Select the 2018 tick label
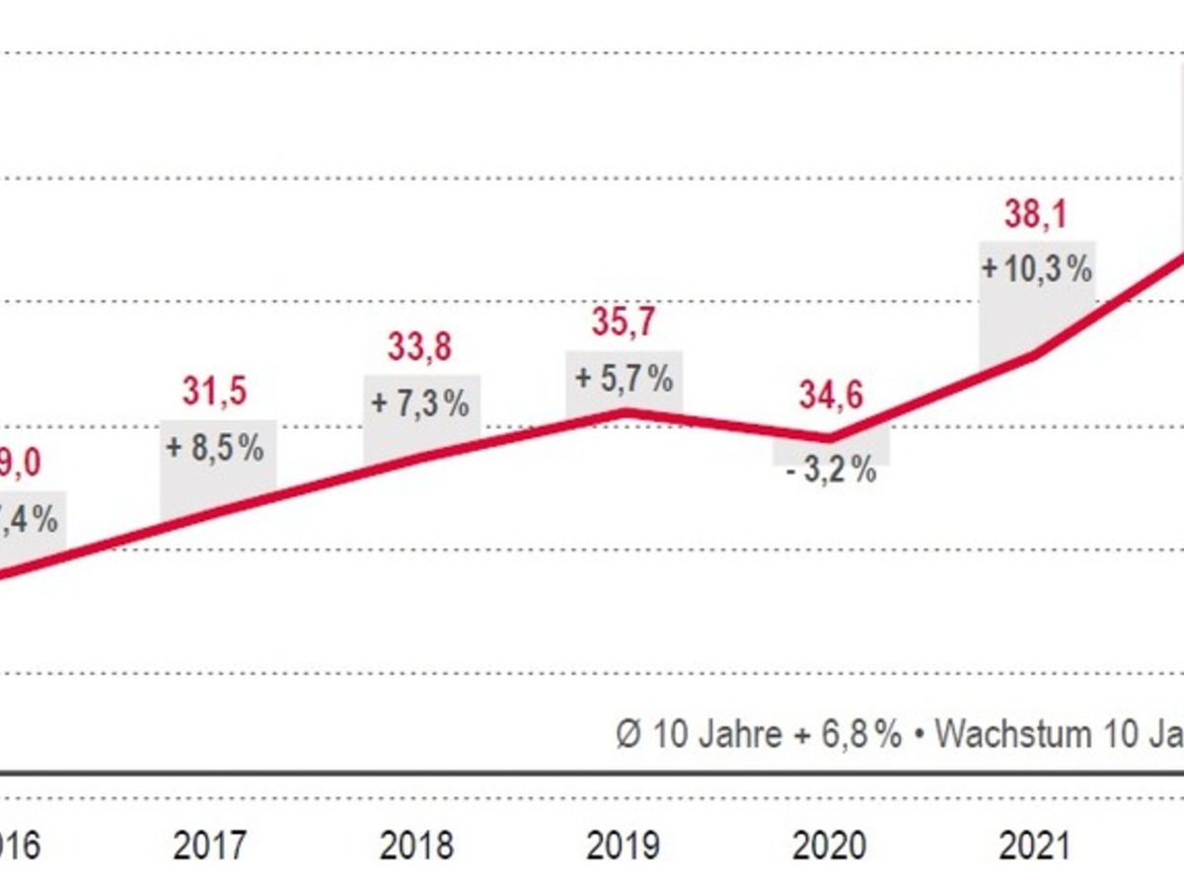(418, 846)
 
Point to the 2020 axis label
(831, 846)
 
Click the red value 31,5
(214, 392)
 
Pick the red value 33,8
(419, 348)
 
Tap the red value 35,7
(624, 323)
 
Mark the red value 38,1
(1035, 214)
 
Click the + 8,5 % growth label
(215, 448)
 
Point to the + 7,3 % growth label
(420, 404)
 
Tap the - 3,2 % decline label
(832, 470)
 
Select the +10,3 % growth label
(1037, 268)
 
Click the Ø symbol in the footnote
(629, 735)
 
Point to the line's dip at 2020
(830, 438)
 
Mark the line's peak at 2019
(624, 411)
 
